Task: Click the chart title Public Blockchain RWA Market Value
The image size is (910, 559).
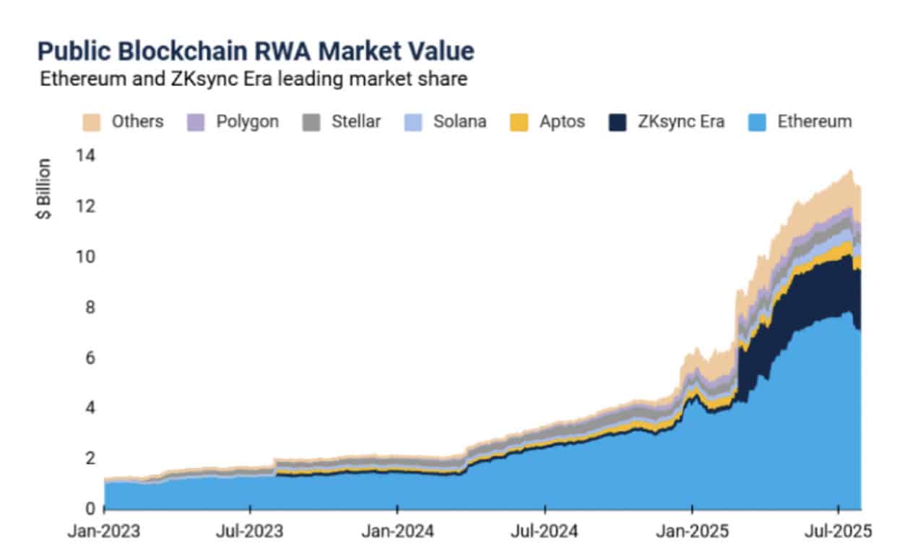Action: (256, 51)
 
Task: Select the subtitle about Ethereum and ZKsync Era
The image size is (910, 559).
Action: (253, 79)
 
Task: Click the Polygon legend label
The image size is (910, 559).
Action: (247, 121)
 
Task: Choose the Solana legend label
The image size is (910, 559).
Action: (459, 121)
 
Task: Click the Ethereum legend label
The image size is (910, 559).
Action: (815, 121)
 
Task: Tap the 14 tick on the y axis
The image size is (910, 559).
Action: (85, 155)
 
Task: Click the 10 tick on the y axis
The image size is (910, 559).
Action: (85, 256)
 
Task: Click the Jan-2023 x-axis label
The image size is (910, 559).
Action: (105, 532)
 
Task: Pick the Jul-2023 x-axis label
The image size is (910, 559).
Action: (250, 532)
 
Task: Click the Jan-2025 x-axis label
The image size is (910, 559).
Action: (692, 532)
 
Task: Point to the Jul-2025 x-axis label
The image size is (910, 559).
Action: (837, 532)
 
